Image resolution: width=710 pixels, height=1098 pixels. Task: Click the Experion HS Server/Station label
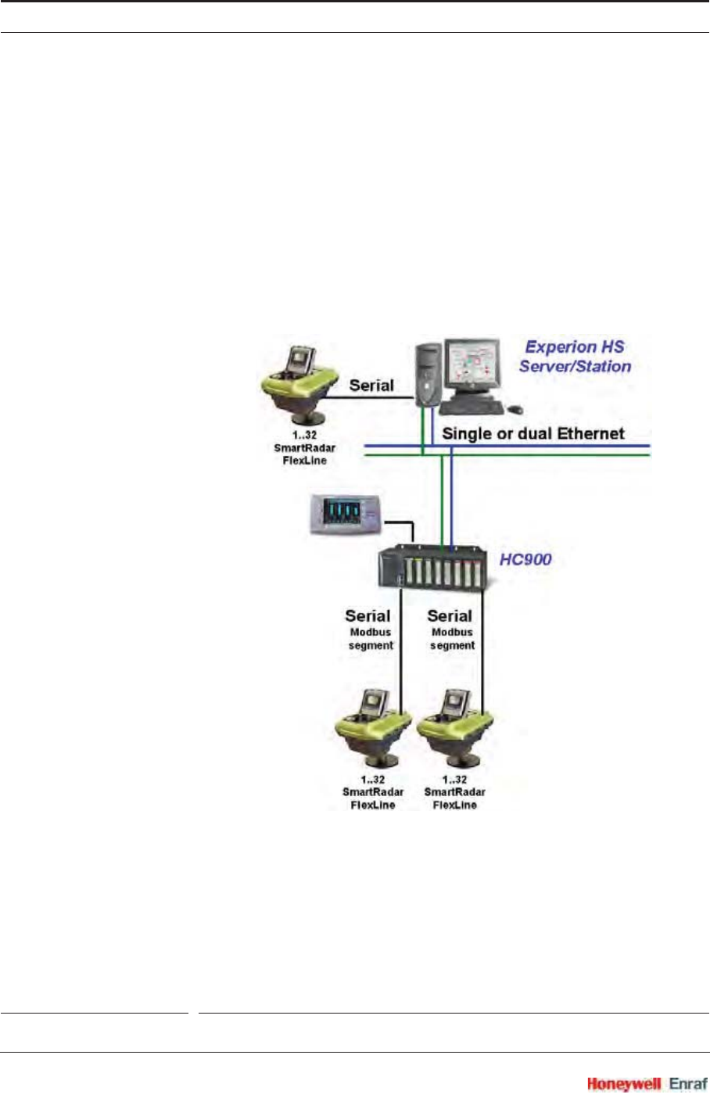click(575, 357)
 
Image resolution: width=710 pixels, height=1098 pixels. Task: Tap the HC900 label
click(525, 560)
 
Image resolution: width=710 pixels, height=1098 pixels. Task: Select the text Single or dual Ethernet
click(533, 433)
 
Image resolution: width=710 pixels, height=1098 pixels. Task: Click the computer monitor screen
click(472, 365)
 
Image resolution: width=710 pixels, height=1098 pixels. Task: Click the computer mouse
click(514, 408)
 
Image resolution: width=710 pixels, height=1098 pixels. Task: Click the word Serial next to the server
click(371, 385)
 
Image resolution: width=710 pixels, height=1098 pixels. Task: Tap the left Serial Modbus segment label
click(369, 630)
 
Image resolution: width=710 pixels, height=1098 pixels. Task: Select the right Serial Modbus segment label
click(451, 630)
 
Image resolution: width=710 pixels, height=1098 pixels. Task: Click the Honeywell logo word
click(624, 1084)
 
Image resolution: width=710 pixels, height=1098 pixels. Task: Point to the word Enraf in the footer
click(687, 1084)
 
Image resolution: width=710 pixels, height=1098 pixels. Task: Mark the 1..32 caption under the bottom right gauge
click(454, 780)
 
